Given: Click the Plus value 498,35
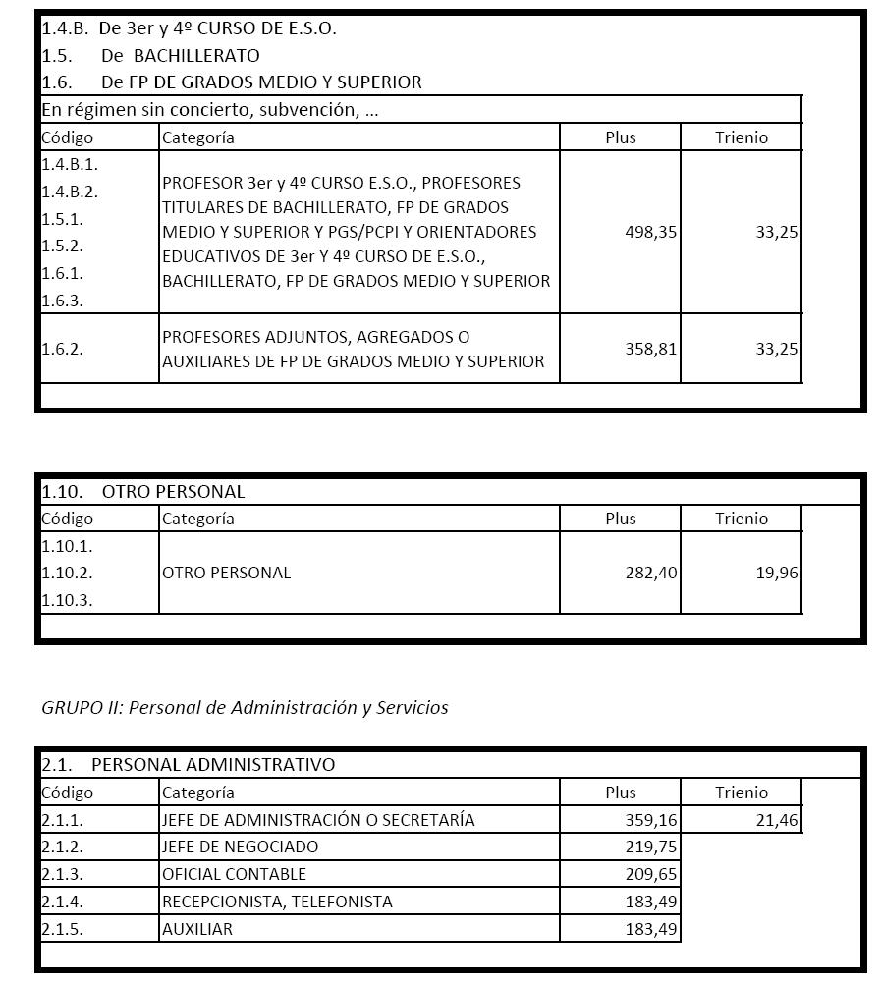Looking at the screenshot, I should point(650,233).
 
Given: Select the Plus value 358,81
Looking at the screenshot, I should point(650,349).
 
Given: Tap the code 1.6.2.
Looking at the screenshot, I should point(62,349).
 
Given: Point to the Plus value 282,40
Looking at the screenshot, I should point(650,573).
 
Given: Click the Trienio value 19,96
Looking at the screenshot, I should point(777,573).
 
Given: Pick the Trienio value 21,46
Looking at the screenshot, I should point(777,820).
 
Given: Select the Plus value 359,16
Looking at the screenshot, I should point(650,820).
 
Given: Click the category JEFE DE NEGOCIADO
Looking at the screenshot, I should point(240,847).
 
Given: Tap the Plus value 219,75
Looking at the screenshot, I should point(650,847).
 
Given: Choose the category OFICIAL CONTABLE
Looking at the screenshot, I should point(234,874).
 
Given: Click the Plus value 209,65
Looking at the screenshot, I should point(650,874).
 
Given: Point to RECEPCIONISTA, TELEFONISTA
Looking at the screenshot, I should point(276,902).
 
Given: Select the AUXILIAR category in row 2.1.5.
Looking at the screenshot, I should point(196,929).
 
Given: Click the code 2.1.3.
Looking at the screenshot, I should point(62,874).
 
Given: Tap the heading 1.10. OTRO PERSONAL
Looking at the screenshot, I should point(143,491).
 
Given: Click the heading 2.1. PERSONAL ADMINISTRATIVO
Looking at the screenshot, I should point(188,764).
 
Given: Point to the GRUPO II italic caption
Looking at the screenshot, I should point(245,707).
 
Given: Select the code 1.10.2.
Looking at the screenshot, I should point(67,573).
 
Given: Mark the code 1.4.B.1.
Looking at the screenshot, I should point(69,164).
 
